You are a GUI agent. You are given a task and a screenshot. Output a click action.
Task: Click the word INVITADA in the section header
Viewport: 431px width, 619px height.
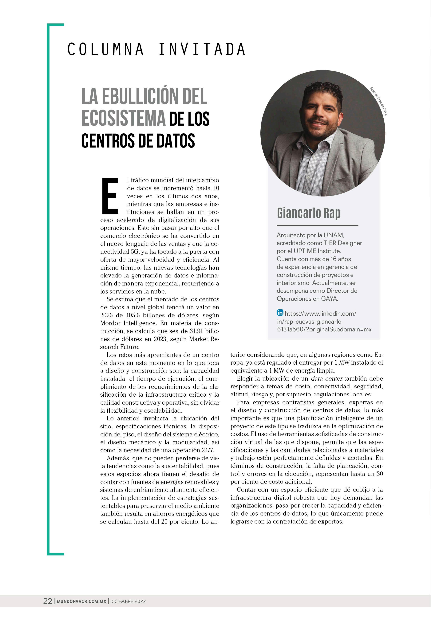(202, 50)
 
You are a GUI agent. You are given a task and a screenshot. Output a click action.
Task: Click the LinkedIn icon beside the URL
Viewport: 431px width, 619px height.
(280, 313)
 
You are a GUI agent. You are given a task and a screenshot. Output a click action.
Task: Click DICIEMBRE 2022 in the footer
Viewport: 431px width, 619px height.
(128, 601)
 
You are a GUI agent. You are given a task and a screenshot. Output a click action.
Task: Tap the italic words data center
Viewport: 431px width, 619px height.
(326, 378)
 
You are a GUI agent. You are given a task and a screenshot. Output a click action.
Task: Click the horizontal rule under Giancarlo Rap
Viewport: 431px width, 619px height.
(318, 225)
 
